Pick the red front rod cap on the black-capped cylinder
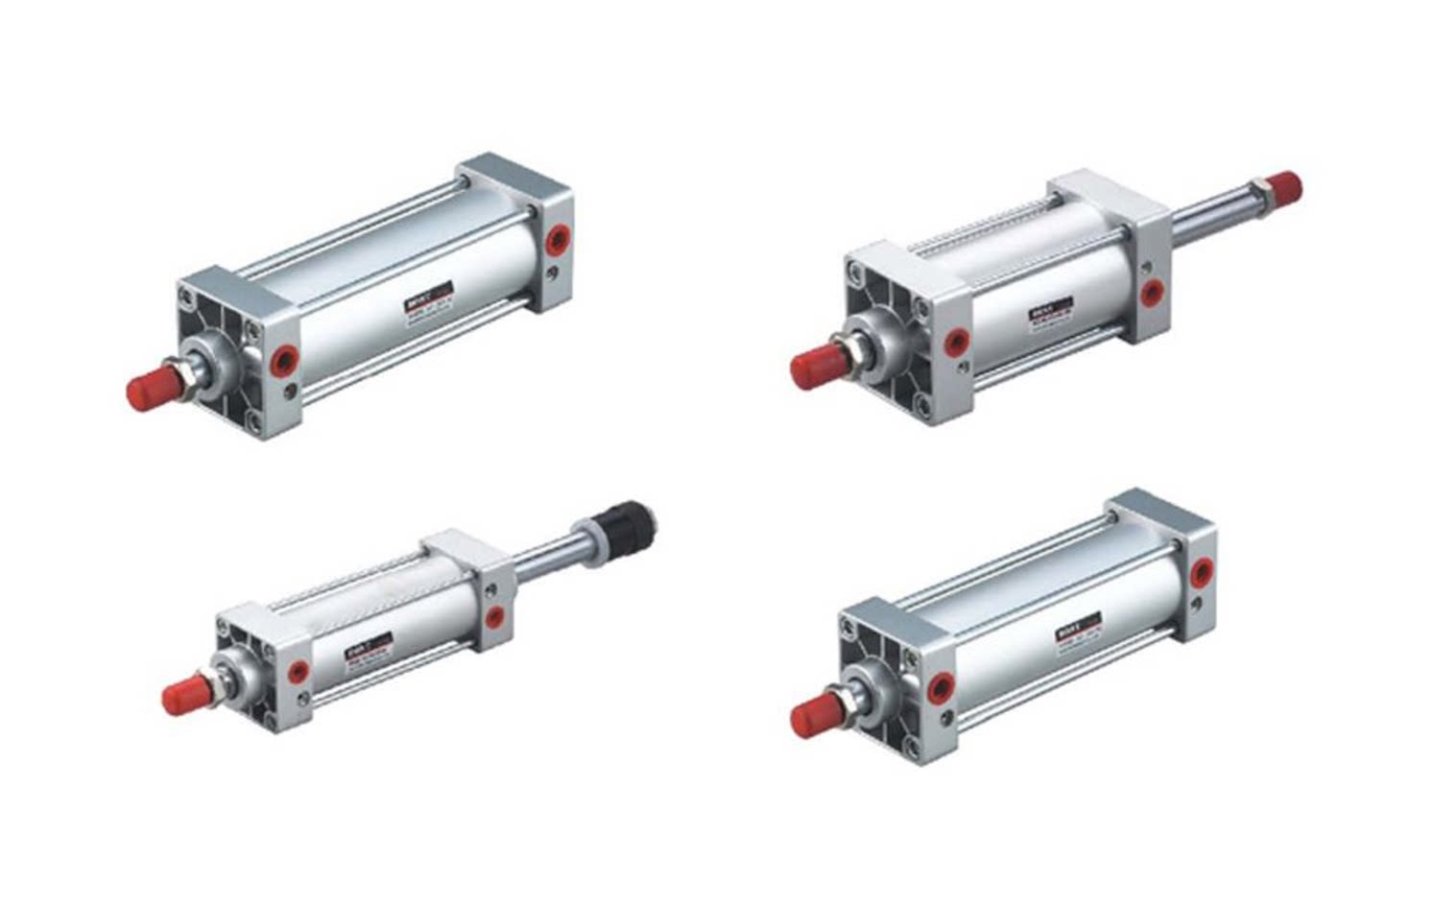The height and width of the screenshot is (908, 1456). coord(181,695)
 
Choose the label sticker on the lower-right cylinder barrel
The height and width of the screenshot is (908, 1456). coord(1079,627)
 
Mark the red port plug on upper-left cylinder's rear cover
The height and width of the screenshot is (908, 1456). coord(556,240)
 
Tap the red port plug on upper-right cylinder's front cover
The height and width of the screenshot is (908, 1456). coord(955,342)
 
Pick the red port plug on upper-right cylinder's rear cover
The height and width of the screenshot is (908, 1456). coord(1152,292)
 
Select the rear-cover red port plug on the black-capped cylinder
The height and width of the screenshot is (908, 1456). coord(494,616)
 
